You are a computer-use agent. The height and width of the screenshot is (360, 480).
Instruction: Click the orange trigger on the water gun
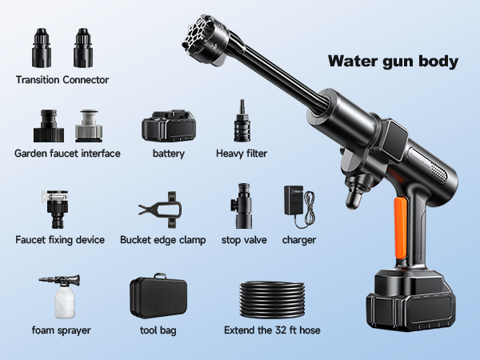[401, 228]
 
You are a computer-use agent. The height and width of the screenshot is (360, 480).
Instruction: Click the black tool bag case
[158, 296]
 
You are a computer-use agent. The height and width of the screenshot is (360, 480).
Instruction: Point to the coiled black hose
[272, 300]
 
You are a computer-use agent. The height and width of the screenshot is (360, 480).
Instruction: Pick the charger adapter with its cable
[299, 206]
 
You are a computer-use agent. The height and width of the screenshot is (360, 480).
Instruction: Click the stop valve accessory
[242, 206]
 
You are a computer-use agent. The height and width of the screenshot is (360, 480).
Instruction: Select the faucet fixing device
[56, 210]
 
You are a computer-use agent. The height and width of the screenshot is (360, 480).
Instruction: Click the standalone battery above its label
[169, 126]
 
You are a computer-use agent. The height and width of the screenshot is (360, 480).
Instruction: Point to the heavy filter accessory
[242, 121]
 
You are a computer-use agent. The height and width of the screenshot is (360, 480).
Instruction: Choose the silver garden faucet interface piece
[89, 126]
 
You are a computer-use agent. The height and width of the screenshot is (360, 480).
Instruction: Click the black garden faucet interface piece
[49, 126]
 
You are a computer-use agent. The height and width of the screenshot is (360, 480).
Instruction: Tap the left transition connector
[42, 48]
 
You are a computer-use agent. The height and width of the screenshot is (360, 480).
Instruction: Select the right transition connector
[83, 48]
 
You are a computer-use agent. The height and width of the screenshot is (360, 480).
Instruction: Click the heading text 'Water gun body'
[393, 62]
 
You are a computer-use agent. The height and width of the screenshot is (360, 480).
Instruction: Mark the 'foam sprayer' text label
[62, 330]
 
